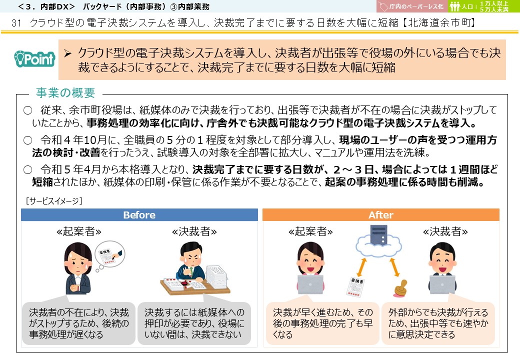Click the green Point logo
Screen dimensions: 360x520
click(34, 59)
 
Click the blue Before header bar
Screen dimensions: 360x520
click(139, 215)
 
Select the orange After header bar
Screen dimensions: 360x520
click(381, 215)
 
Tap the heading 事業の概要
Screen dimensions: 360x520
click(65, 93)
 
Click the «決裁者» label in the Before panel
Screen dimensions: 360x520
click(194, 231)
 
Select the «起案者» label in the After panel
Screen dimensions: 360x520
click(310, 231)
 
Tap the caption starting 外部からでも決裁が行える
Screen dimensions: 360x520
click(438, 323)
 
